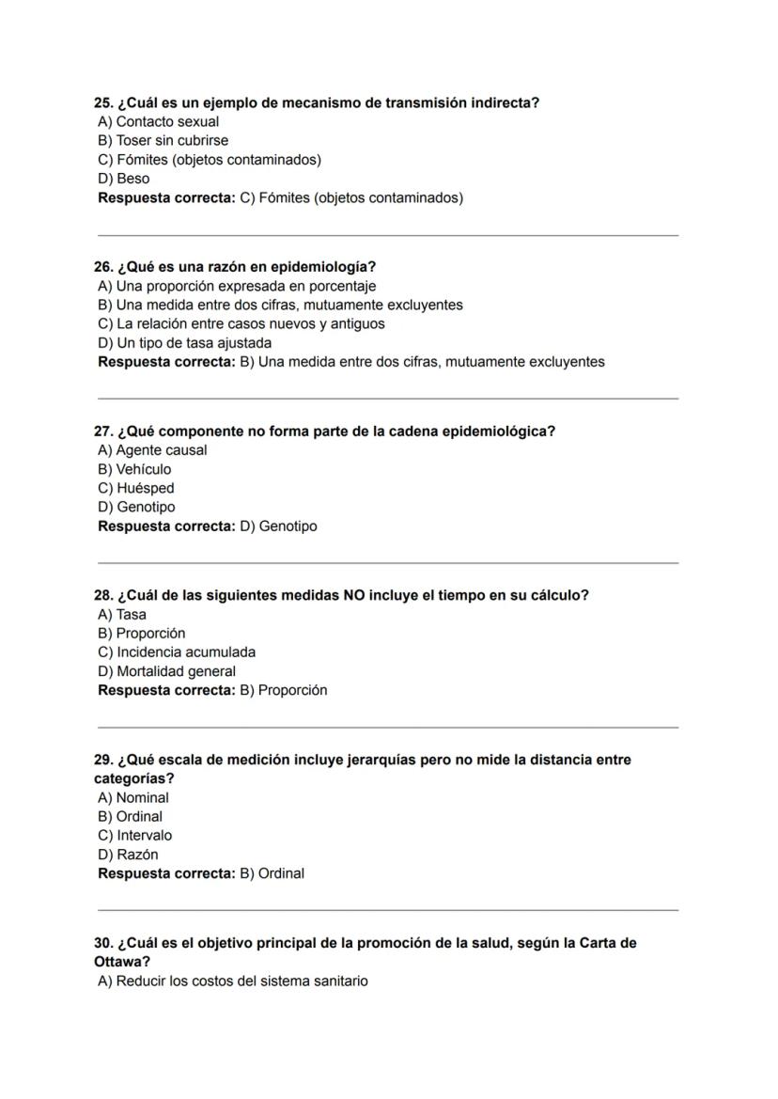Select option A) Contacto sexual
[x=158, y=121]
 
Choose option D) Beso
[x=123, y=178]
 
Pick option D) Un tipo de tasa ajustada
[x=184, y=342]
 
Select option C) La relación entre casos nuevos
[x=241, y=323]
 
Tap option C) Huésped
[x=136, y=488]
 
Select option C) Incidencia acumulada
[x=177, y=652]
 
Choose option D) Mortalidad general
[x=166, y=671]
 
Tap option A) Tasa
[x=122, y=614]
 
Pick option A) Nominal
[x=133, y=797]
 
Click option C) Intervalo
[x=134, y=835]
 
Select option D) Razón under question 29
[x=128, y=855]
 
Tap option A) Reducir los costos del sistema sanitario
[x=232, y=981]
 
